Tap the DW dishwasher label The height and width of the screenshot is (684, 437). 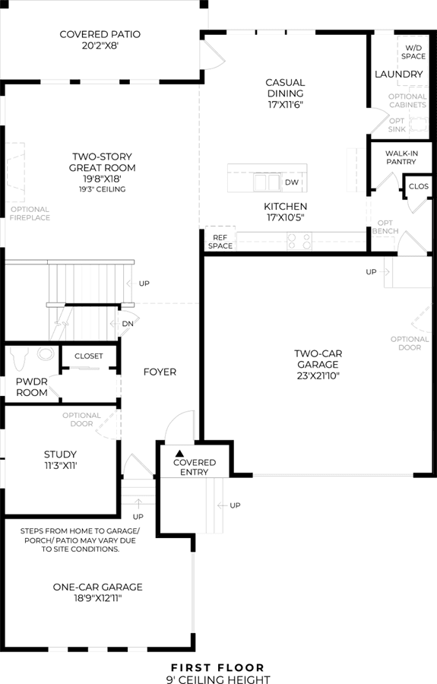(292, 182)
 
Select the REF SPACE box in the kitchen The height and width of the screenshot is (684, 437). (220, 239)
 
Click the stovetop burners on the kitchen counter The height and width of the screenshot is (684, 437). (299, 242)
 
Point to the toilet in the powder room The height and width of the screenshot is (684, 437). (18, 358)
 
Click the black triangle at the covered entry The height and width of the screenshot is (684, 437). (179, 453)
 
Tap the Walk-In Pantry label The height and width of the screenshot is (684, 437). (401, 157)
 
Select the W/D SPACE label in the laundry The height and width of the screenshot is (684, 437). (413, 52)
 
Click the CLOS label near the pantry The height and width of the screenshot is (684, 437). (419, 186)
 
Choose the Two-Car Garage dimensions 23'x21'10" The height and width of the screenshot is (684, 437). (318, 376)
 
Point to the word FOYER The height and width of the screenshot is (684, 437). (160, 372)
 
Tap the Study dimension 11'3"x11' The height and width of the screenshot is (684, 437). (60, 466)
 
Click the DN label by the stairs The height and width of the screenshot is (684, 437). (128, 324)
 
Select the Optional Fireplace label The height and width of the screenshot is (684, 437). (30, 214)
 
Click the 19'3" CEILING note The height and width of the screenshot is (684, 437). (103, 189)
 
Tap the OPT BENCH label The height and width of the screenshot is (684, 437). (385, 226)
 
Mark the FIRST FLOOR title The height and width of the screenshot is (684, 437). (217, 668)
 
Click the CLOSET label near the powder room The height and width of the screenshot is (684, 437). (88, 356)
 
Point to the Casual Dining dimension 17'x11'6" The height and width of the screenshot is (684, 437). (285, 105)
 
